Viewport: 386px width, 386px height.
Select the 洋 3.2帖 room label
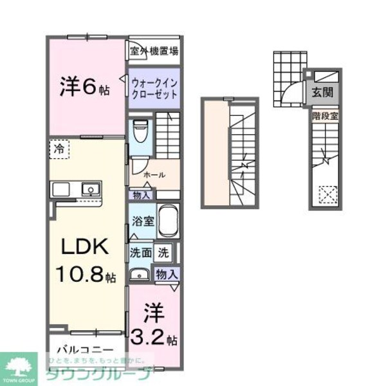tap(155, 325)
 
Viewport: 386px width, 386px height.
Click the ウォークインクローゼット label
tap(154, 86)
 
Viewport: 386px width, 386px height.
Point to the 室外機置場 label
tap(154, 51)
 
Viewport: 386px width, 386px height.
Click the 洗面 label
tap(142, 253)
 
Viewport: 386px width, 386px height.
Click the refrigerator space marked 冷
tap(59, 148)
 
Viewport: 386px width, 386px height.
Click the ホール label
tap(154, 174)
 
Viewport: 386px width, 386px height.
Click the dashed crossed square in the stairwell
tap(328, 194)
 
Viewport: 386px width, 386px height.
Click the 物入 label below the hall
tap(142, 196)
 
